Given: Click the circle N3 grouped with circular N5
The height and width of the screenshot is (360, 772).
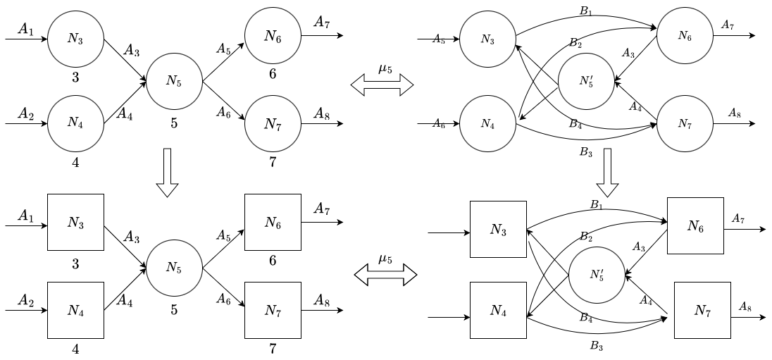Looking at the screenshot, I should point(75,39).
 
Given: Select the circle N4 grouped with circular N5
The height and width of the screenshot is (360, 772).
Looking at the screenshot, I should point(75,123).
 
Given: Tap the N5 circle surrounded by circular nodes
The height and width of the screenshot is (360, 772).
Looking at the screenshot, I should point(174,81).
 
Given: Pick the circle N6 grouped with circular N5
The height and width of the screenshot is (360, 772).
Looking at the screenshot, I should point(273,36).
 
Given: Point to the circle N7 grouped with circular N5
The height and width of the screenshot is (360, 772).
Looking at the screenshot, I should point(273,124).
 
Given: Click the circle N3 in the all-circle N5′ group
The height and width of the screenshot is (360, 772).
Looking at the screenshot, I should point(487,39).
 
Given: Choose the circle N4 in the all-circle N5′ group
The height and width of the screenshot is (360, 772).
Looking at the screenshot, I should point(487,123).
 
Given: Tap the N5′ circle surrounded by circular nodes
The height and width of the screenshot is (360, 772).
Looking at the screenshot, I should point(586,81).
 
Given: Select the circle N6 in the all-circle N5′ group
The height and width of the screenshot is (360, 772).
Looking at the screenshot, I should point(685,36).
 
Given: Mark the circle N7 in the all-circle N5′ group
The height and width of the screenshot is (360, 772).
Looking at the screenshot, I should point(685,124).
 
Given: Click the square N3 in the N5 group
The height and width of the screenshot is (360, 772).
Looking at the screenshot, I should point(75,223).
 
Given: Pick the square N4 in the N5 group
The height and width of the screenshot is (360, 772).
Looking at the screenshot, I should point(75,310).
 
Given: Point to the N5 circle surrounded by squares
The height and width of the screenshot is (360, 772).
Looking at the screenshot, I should point(174,268).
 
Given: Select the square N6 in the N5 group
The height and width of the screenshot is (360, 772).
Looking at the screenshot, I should point(273,223).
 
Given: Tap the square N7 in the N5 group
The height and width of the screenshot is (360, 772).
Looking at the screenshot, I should point(273,310).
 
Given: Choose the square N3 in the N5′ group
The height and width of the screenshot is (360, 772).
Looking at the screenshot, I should point(498,230).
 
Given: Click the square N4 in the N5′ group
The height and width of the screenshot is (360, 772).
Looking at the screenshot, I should point(498,310).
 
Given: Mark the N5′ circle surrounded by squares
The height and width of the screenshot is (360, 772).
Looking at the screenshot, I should point(597,275).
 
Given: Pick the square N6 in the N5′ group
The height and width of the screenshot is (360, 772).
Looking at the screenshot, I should point(695,226).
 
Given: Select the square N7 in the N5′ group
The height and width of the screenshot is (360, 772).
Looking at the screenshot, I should point(702,310).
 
